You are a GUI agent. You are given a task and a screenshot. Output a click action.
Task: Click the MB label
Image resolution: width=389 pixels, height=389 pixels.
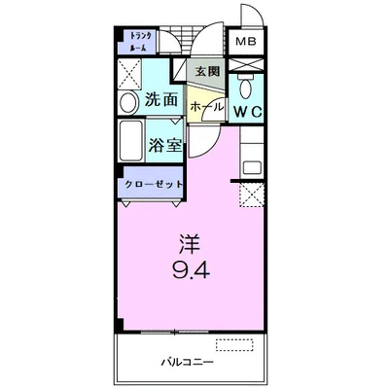click(x=245, y=42)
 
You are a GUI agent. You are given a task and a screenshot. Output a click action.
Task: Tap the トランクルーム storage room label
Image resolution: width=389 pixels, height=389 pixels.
click(x=139, y=42)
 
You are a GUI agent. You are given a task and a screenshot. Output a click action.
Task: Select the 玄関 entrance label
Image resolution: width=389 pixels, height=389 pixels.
click(x=207, y=71)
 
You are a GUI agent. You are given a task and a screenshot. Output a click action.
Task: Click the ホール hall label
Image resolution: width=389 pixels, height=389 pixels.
click(x=207, y=106)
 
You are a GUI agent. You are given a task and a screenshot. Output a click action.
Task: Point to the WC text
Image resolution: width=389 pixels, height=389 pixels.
click(x=248, y=112)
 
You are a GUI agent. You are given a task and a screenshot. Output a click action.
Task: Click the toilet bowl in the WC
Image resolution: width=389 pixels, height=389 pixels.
click(x=246, y=86)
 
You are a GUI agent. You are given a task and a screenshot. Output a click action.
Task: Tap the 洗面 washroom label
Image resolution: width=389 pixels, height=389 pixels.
click(x=161, y=99)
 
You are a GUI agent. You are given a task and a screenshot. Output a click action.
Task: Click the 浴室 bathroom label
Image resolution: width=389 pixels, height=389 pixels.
click(x=164, y=145)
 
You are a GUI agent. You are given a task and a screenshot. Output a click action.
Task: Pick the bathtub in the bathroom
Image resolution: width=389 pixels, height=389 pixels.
click(x=131, y=140)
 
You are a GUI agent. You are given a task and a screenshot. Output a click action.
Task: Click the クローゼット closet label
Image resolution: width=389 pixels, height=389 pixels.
click(x=154, y=185)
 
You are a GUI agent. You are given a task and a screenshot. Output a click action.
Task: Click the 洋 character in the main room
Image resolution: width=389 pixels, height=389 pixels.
click(x=191, y=243)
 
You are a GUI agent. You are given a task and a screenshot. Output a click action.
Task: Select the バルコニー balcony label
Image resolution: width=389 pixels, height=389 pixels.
click(x=188, y=362)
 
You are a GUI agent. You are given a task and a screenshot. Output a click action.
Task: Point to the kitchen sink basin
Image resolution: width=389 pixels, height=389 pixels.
click(x=253, y=167)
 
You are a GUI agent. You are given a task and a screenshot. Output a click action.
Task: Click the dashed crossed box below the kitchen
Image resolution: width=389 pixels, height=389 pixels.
click(x=252, y=194)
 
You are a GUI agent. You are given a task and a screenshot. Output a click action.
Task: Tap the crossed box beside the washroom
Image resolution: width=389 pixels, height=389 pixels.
click(x=129, y=74)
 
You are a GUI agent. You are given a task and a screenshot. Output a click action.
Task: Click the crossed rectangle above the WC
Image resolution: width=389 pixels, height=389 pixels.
click(x=245, y=64)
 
